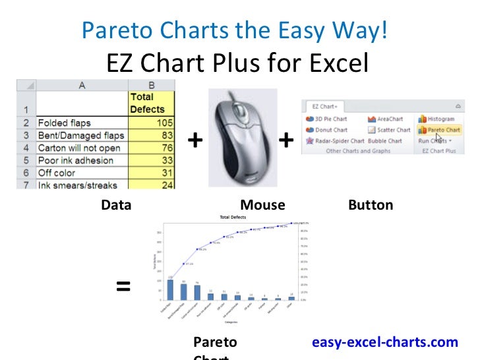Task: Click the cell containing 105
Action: click(x=152, y=123)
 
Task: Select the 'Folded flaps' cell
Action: click(x=65, y=123)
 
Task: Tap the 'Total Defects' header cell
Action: click(x=147, y=103)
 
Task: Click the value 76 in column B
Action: click(x=152, y=148)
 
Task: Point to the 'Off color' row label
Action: click(x=57, y=173)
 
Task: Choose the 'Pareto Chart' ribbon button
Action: click(x=438, y=130)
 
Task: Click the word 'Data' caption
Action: click(x=116, y=205)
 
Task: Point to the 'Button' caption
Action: click(x=370, y=205)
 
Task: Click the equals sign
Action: click(x=123, y=287)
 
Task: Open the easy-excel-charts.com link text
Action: click(x=384, y=342)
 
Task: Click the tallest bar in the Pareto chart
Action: click(x=170, y=289)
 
